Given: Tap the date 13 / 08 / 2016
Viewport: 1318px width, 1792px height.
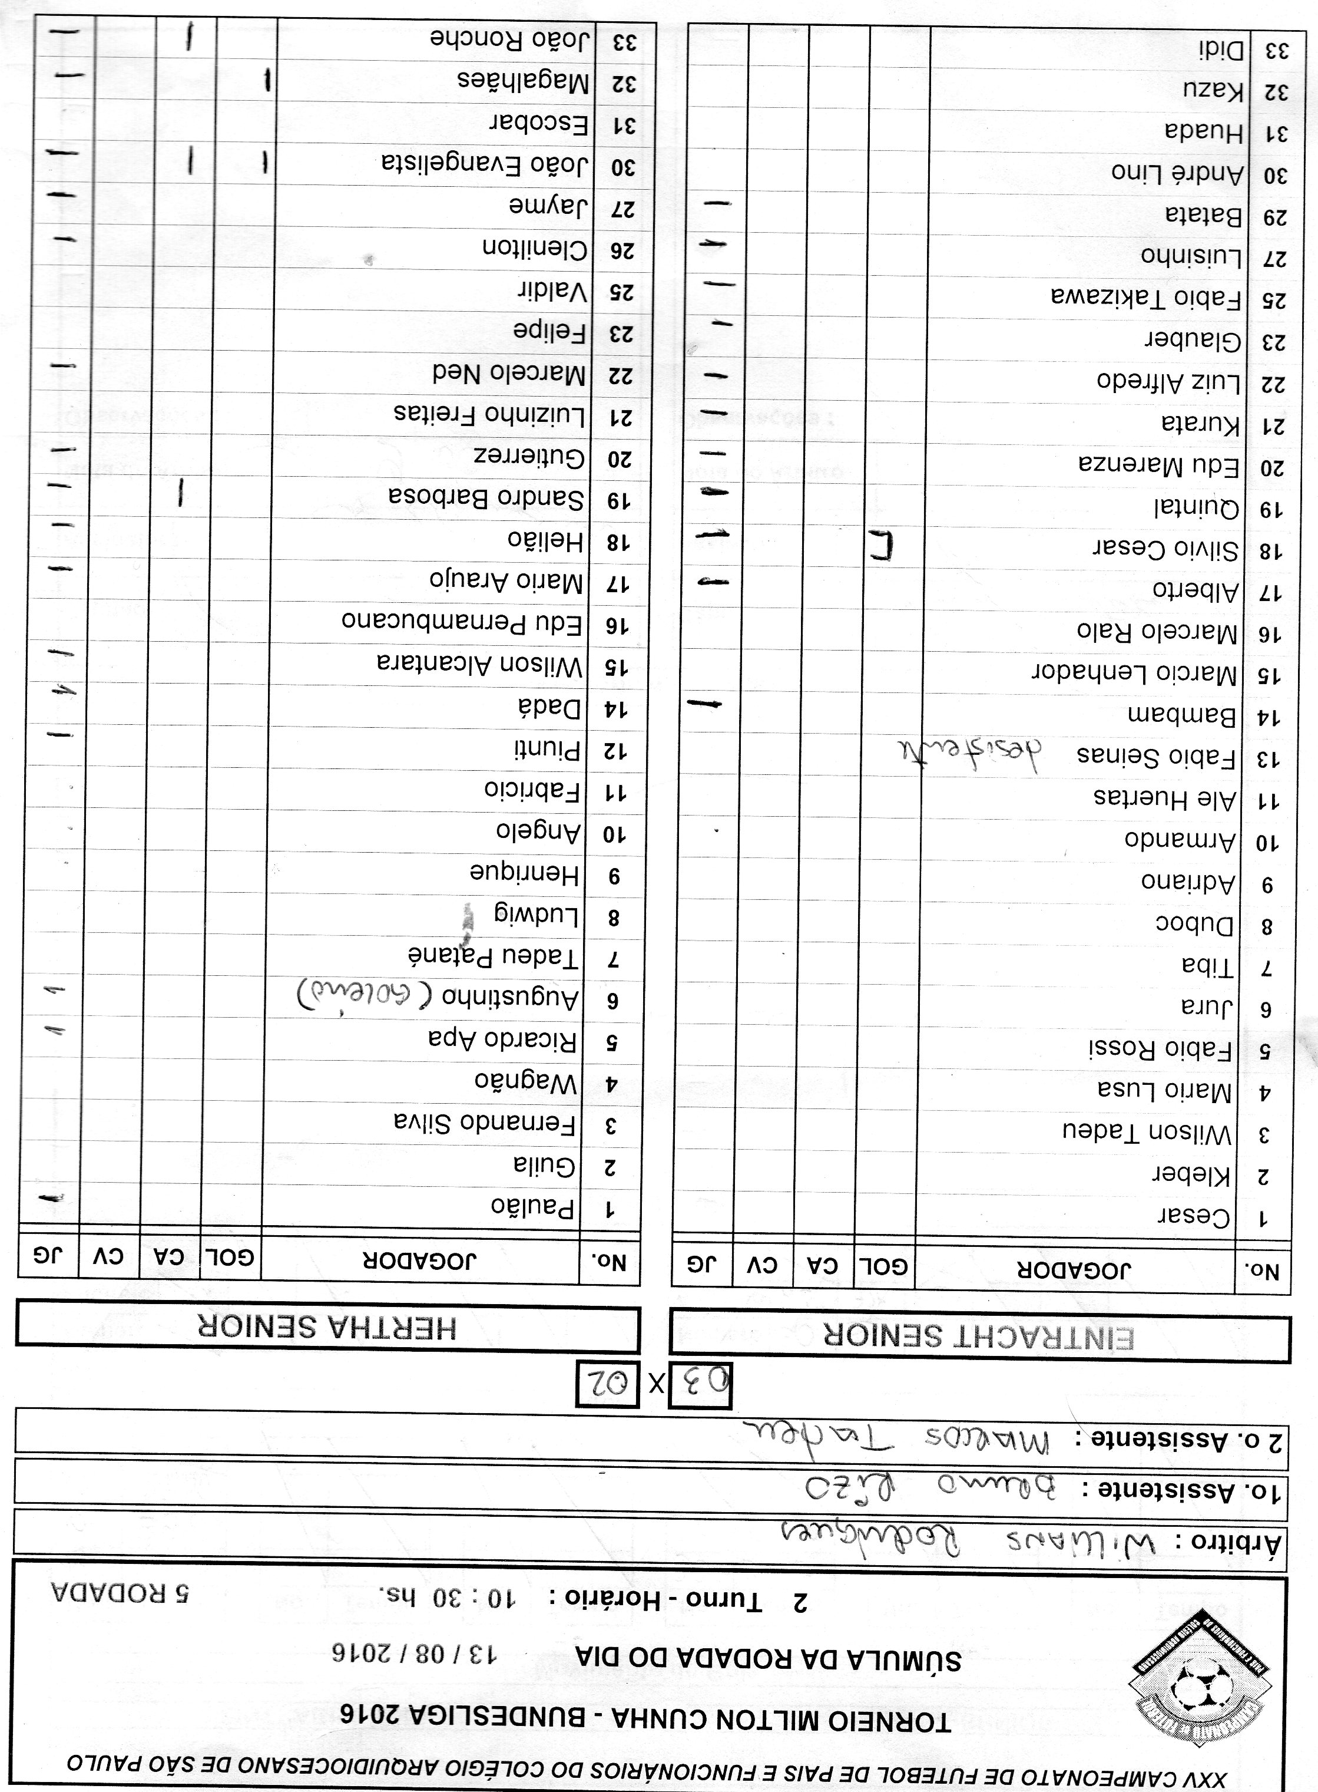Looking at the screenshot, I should [x=414, y=1651].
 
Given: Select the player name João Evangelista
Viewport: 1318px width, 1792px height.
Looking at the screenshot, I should [x=485, y=164].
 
